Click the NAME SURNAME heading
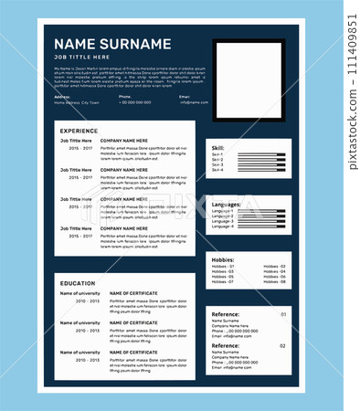pyautogui.click(x=112, y=44)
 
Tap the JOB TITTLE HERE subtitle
pyautogui.click(x=82, y=58)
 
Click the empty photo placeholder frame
pyautogui.click(x=249, y=80)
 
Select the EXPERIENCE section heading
pyautogui.click(x=79, y=131)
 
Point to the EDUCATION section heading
pyautogui.click(x=78, y=283)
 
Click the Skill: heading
pyautogui.click(x=218, y=147)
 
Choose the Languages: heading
pyautogui.click(x=227, y=204)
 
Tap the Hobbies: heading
pyautogui.click(x=224, y=259)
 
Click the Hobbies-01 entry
pyautogui.click(x=223, y=267)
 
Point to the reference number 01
pyautogui.click(x=282, y=314)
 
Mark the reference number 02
pyautogui.click(x=282, y=346)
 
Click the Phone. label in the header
pyautogui.click(x=125, y=96)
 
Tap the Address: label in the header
pyautogui.click(x=62, y=96)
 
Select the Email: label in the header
pyautogui.click(x=185, y=96)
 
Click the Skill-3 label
pyautogui.click(x=217, y=165)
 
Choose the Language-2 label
pyautogui.click(x=222, y=216)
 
